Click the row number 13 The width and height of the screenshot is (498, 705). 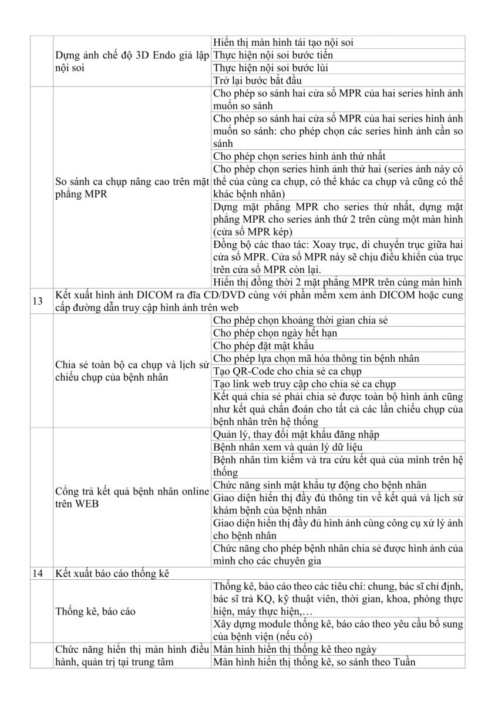(37, 301)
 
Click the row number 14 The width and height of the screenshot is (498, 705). (37, 573)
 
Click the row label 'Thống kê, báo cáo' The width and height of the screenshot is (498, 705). (96, 612)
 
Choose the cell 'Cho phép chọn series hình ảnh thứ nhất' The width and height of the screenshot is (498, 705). (300, 156)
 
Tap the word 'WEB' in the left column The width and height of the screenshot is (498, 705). (86, 504)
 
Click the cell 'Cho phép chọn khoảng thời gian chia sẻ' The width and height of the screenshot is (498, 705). (300, 320)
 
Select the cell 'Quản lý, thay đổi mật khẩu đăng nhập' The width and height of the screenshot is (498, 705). (297, 434)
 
